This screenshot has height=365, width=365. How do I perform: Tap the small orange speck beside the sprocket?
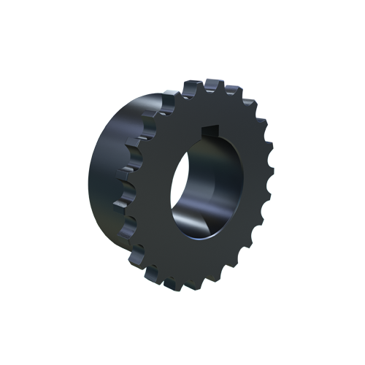tap(272, 137)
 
